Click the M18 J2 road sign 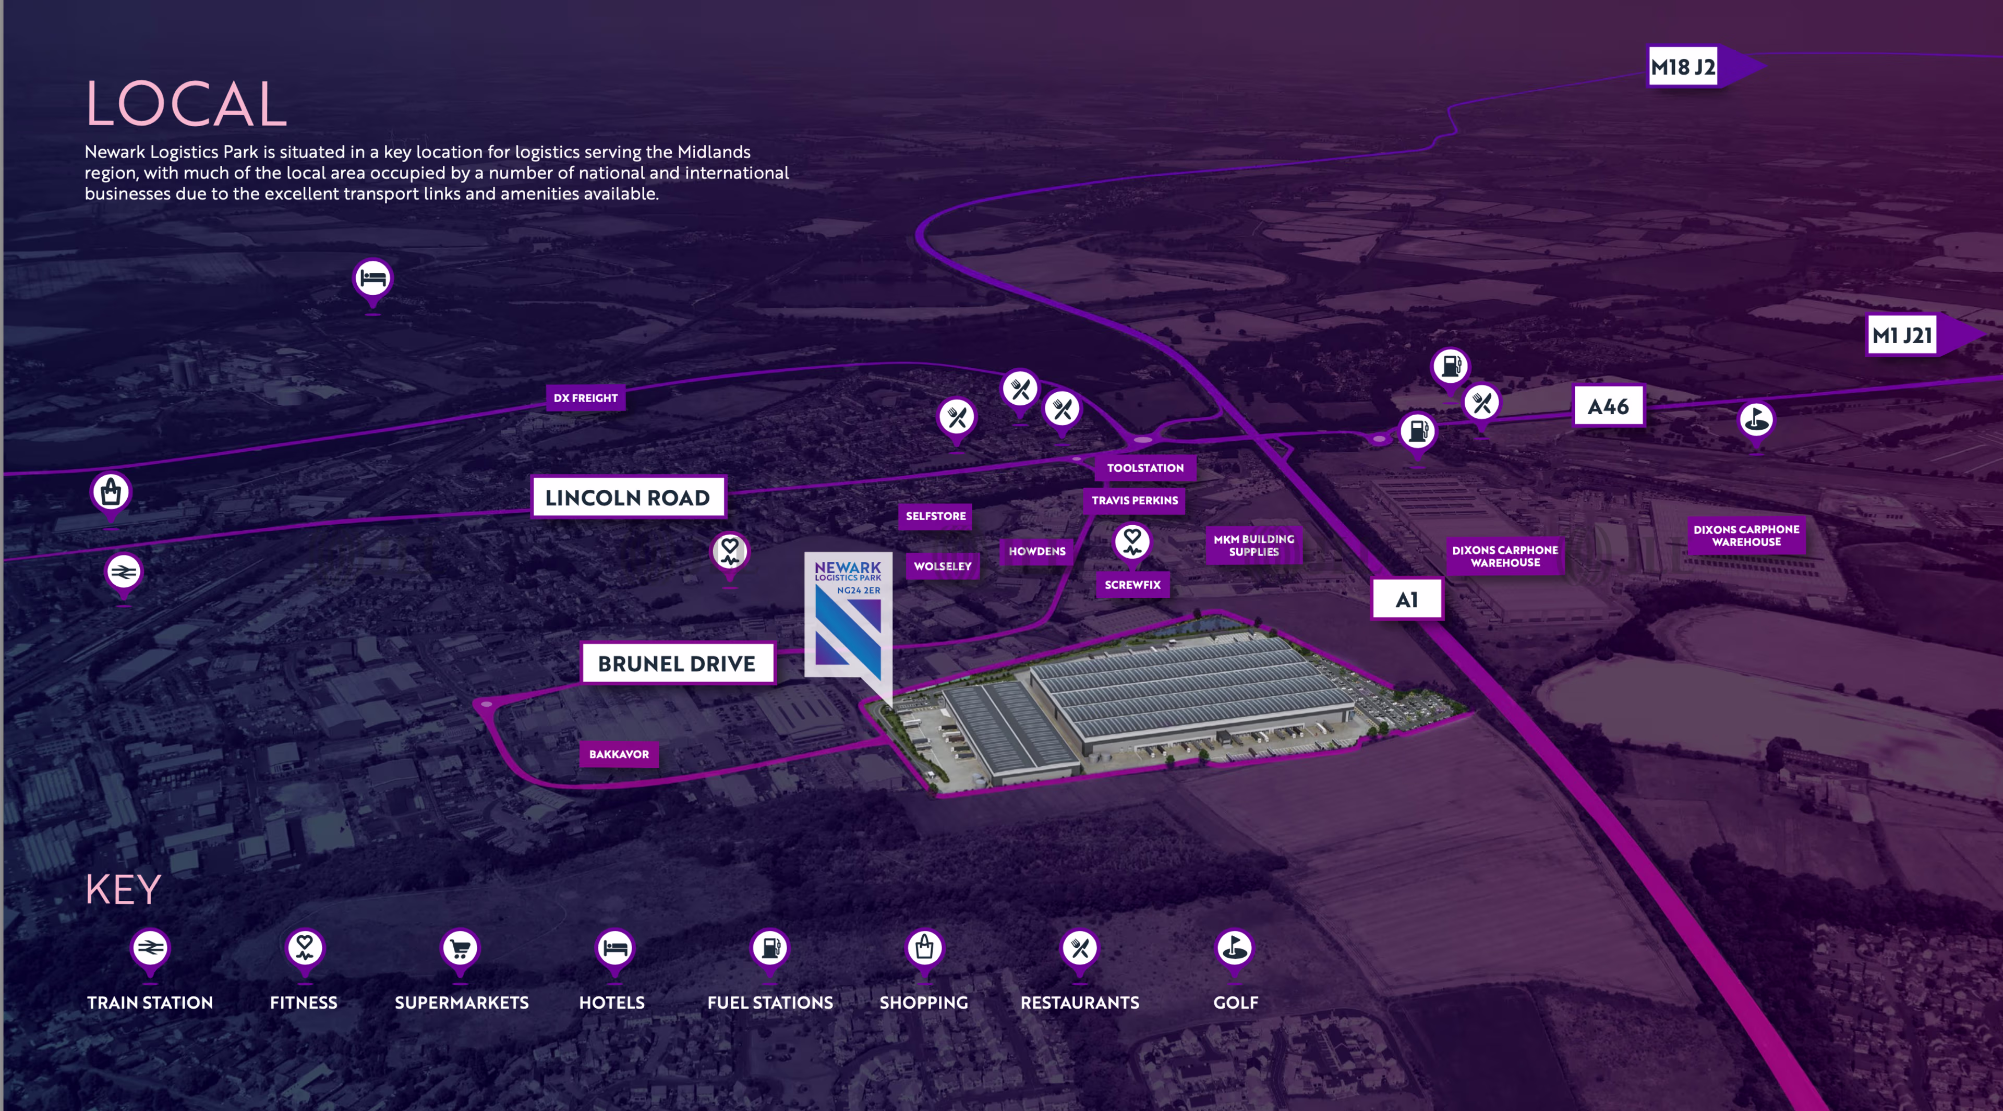coord(1683,67)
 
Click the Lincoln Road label coord(628,498)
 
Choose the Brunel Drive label coord(677,663)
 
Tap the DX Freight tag coord(585,398)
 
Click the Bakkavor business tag coord(619,754)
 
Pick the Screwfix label coord(1132,585)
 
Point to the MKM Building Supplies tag coord(1253,545)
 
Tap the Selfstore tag coord(935,516)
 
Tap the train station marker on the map coord(123,574)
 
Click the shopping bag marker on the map coord(111,493)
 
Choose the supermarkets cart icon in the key coord(460,948)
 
